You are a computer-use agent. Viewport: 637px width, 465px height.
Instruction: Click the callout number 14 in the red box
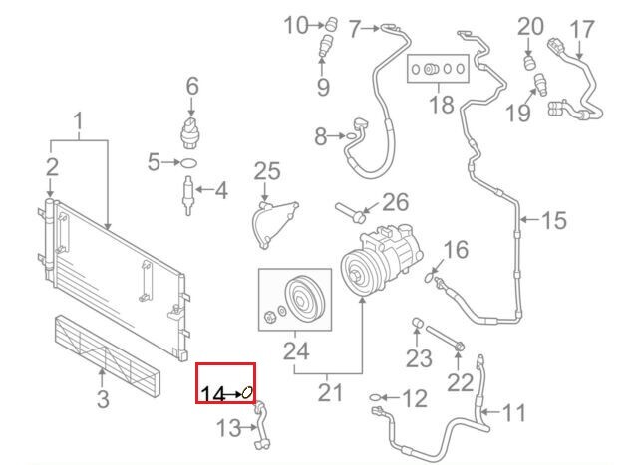tap(212, 394)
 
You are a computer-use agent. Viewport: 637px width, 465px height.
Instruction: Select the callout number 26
tap(396, 203)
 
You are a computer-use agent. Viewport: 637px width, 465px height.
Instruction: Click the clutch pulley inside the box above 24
tap(299, 298)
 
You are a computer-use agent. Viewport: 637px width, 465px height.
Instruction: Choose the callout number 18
tap(441, 104)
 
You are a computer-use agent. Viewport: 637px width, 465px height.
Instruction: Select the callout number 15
tap(553, 218)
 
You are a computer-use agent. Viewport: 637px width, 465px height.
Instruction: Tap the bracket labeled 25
tap(275, 218)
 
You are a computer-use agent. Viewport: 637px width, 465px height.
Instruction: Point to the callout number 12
tap(414, 399)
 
